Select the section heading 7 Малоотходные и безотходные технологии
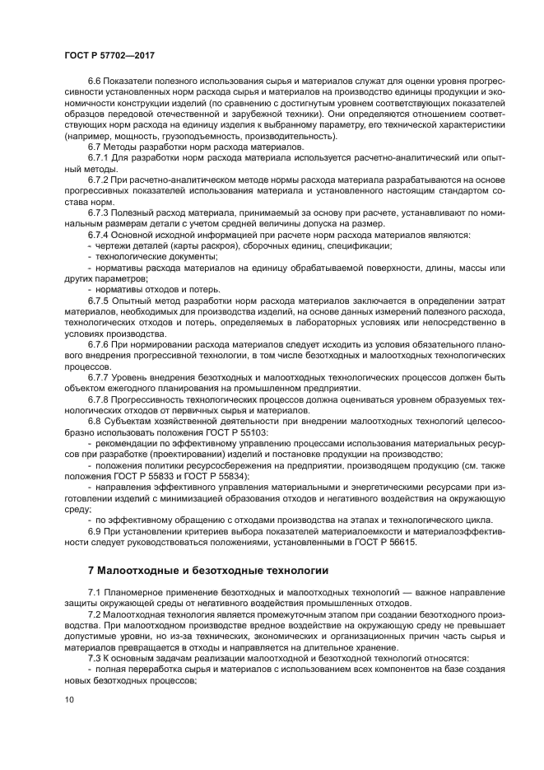pos(208,570)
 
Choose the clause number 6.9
pos(96,531)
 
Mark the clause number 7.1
pos(96,593)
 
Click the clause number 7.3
pos(96,659)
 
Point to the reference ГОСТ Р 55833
pos(141,476)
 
